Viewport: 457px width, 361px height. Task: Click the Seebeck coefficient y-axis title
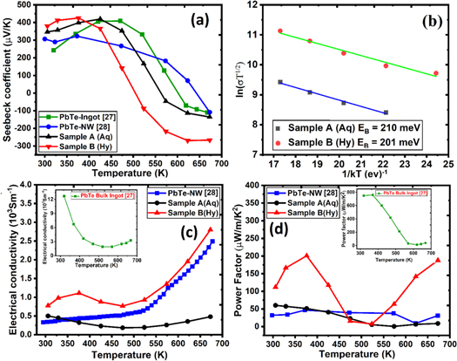coord(8,85)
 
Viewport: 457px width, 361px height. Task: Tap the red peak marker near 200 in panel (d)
coord(306,255)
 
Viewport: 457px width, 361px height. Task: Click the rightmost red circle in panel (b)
coord(436,73)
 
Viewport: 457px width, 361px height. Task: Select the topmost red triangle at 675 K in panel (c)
coord(211,230)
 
